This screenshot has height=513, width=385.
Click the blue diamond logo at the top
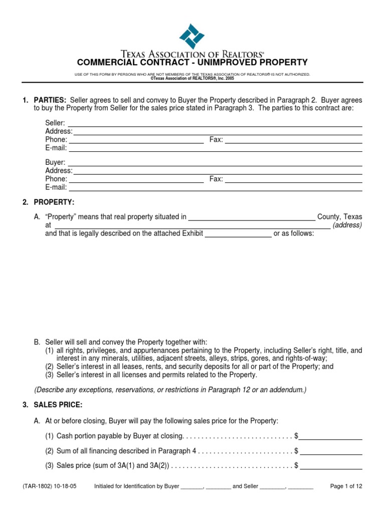tap(192, 36)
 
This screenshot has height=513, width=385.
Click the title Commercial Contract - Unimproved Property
tap(192, 63)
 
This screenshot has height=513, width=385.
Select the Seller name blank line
tap(215, 123)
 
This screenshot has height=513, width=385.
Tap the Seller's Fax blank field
tap(293, 140)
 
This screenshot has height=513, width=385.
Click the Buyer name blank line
tap(215, 163)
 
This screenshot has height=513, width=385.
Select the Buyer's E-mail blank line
tap(215, 187)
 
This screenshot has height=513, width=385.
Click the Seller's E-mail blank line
tap(215, 148)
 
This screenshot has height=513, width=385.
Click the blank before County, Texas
tap(252, 217)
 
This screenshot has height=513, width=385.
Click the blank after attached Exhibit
tap(238, 234)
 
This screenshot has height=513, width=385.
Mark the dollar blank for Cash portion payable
tap(331, 436)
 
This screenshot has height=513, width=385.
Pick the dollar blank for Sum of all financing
tap(331, 451)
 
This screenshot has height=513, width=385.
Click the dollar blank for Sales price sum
tap(331, 466)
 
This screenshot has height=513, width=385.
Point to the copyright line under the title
tap(192, 79)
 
